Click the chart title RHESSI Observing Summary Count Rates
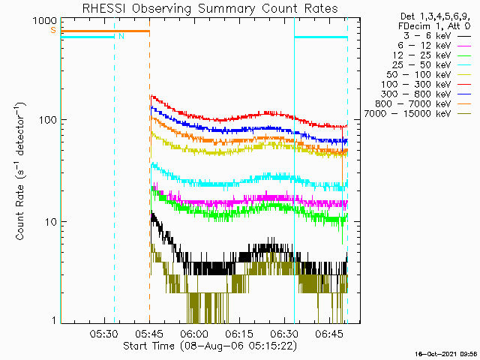(x=210, y=8)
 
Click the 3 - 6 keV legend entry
(x=437, y=36)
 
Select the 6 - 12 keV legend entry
(x=434, y=46)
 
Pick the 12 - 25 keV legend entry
(x=432, y=55)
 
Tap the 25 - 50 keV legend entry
(x=431, y=65)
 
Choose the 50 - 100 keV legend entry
(x=428, y=75)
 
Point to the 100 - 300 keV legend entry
(x=426, y=85)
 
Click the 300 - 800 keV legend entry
(x=426, y=94)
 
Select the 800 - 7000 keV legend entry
(x=423, y=104)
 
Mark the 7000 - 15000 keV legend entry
(x=418, y=114)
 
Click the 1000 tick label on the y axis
(x=45, y=21)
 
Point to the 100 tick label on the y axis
(x=48, y=120)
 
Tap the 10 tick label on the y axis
(x=51, y=222)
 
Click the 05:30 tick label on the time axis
(x=104, y=334)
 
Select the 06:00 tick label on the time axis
(x=193, y=334)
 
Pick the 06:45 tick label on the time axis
(x=329, y=334)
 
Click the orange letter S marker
(x=53, y=30)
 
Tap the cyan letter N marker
(x=121, y=37)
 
